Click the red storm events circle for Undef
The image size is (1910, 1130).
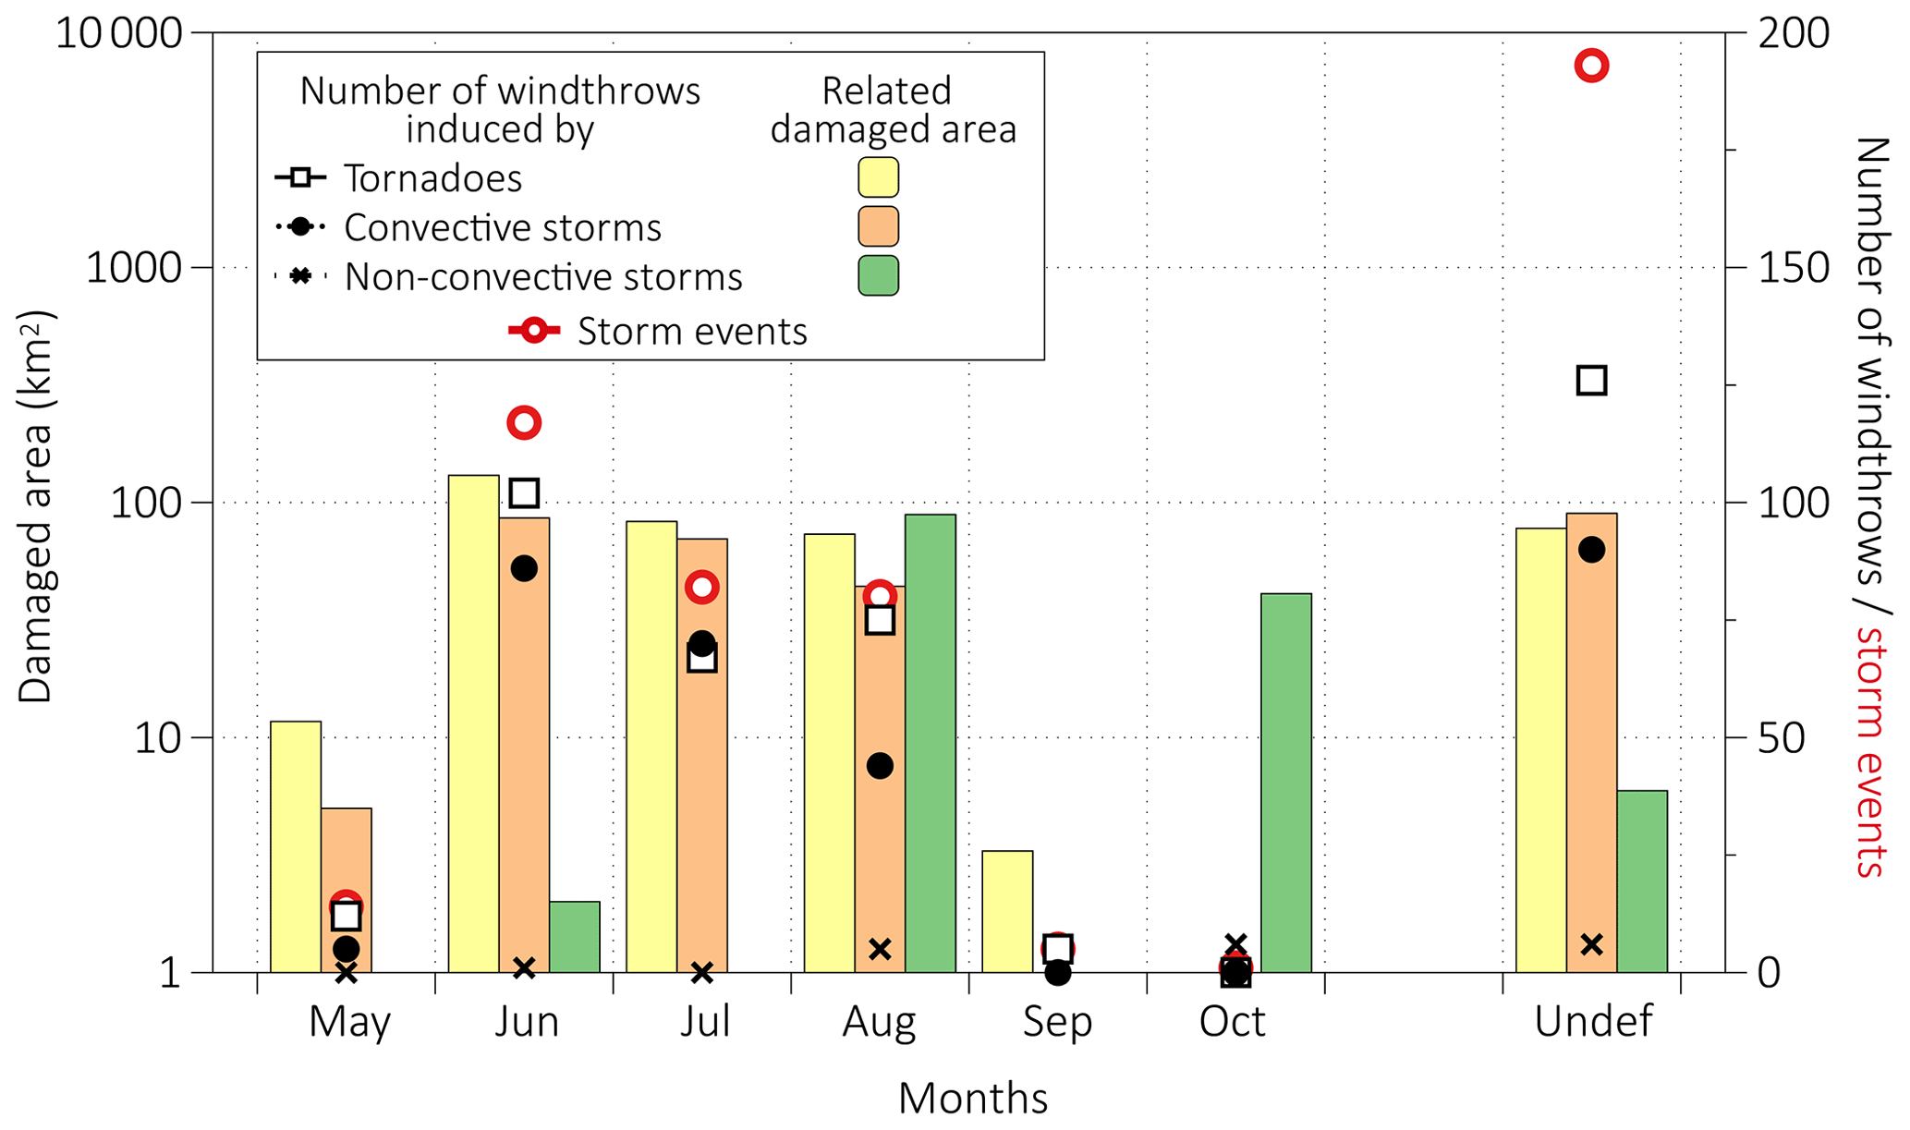pos(1591,66)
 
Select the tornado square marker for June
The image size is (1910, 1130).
pos(524,493)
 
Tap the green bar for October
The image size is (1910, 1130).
pos(1285,783)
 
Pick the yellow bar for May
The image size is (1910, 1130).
pos(296,846)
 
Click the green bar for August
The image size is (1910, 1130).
pos(930,743)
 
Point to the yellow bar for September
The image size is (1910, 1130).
pos(1007,911)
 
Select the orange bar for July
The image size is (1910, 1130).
pos(702,755)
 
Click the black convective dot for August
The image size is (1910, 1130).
pos(880,765)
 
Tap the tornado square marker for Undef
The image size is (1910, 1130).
pos(1591,380)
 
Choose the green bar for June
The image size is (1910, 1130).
pos(575,936)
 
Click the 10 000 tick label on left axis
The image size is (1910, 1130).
pos(119,34)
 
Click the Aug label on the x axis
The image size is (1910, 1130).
pos(879,1022)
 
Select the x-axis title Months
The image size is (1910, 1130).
pos(972,1099)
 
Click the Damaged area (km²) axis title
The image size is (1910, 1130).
pos(37,506)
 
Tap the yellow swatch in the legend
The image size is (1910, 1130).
pos(878,177)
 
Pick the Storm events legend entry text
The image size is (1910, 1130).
pos(692,331)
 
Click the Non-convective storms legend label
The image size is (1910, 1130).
pos(543,276)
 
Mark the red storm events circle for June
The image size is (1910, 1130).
pos(524,423)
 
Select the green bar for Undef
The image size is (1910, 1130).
pos(1642,881)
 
